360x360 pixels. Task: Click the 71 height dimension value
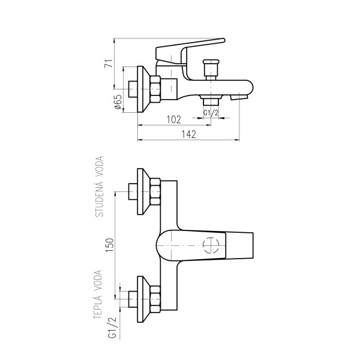coord(109,64)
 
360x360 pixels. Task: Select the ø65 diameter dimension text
coord(118,102)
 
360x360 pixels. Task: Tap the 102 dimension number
coord(174,119)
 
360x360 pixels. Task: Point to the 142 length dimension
coord(189,134)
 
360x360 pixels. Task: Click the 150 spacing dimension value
coord(110,245)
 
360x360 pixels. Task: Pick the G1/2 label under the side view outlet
coord(211,113)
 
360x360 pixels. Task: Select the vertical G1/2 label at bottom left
coord(113,328)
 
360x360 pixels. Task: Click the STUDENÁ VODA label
coord(100,187)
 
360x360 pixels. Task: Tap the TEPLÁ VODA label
coord(98,295)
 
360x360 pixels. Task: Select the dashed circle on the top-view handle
coord(211,245)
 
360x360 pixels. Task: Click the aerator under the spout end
coord(239,97)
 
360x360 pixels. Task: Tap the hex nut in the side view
coord(155,89)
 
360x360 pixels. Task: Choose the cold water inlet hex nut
coord(155,191)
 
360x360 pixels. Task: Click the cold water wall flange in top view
coord(144,191)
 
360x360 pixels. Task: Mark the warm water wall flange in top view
coord(144,299)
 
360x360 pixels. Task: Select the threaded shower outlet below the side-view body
coord(211,101)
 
